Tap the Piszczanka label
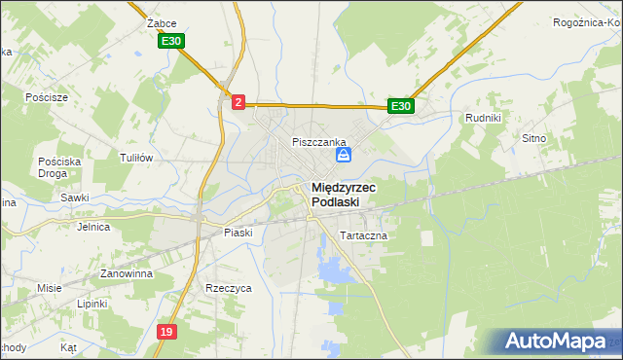312,142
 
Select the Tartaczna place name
363,235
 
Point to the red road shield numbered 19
167,332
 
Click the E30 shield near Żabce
172,41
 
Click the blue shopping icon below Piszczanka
344,155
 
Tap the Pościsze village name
47,97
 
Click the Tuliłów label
136,158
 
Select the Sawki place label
74,198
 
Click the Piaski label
238,233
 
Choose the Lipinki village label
92,304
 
